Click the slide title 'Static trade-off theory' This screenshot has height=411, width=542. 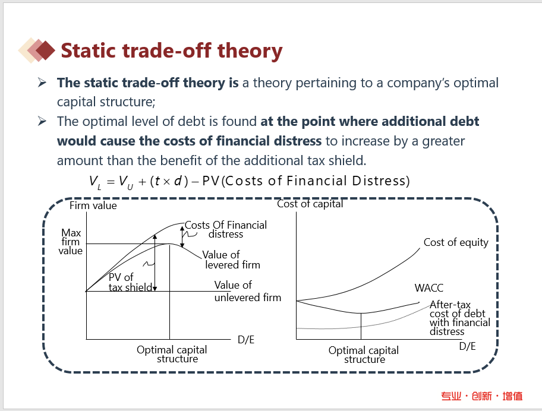(x=171, y=50)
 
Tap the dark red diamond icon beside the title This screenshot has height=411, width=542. (x=45, y=50)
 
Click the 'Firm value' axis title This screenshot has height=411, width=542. (x=93, y=205)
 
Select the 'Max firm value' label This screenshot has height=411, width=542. (x=71, y=241)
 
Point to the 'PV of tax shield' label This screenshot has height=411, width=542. (x=130, y=282)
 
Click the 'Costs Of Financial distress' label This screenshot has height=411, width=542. (x=226, y=229)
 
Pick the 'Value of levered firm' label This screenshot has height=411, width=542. (x=231, y=260)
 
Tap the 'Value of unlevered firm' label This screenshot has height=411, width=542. (x=247, y=291)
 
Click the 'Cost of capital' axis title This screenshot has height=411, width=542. (x=310, y=204)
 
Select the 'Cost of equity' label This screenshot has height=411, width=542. (x=456, y=242)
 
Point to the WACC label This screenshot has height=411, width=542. (x=428, y=287)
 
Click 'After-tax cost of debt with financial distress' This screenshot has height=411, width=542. (x=460, y=318)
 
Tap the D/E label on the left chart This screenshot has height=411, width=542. (x=246, y=340)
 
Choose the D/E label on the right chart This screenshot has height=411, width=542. (x=467, y=346)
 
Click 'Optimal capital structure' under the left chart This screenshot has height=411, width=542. (x=172, y=354)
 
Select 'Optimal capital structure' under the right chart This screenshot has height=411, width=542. (x=364, y=355)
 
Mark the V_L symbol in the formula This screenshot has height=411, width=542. (x=95, y=182)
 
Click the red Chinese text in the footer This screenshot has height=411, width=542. (x=482, y=396)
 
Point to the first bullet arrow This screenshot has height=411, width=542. (x=42, y=83)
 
